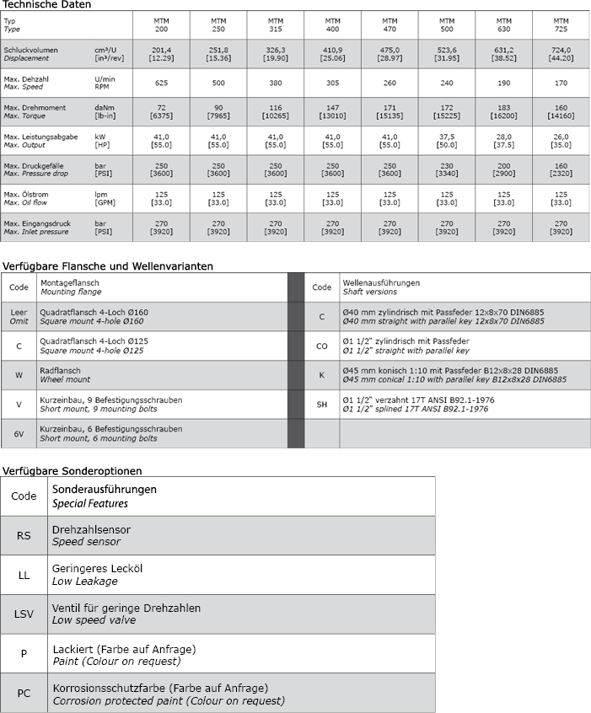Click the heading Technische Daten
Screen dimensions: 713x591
pos(46,4)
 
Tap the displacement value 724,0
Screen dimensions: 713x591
pos(561,54)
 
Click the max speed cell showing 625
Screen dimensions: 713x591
pos(161,83)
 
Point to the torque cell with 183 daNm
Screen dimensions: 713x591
pos(503,112)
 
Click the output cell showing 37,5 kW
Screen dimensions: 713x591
pos(447,142)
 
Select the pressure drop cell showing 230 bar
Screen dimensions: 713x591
pos(447,170)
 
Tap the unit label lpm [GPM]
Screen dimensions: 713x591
pos(105,199)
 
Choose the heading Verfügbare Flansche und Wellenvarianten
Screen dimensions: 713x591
pos(107,265)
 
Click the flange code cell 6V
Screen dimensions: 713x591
pos(19,433)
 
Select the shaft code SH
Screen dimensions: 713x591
pos(321,404)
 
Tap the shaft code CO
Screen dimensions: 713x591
pos(321,346)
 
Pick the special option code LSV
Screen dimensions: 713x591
pos(24,614)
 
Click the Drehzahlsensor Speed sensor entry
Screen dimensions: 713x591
pos(91,535)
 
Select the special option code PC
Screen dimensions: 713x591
pos(24,694)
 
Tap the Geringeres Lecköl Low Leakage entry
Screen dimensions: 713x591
pos(97,574)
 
